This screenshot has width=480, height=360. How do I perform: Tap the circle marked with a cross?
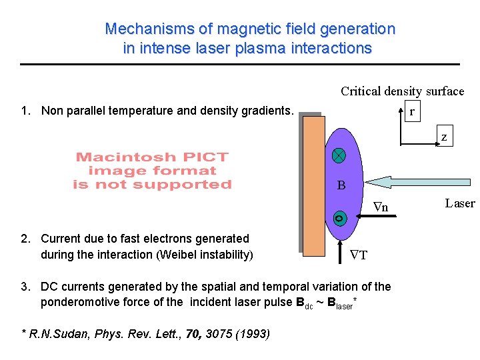click(339, 155)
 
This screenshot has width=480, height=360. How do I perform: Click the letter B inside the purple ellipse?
click(341, 185)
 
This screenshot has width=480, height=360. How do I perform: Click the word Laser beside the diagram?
click(460, 203)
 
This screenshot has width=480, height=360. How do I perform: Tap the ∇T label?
click(359, 255)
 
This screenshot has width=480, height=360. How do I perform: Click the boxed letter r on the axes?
click(412, 112)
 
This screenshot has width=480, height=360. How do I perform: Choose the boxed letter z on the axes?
click(443, 137)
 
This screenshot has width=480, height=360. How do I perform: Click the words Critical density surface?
click(402, 91)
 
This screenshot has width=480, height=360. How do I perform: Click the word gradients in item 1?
click(266, 111)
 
